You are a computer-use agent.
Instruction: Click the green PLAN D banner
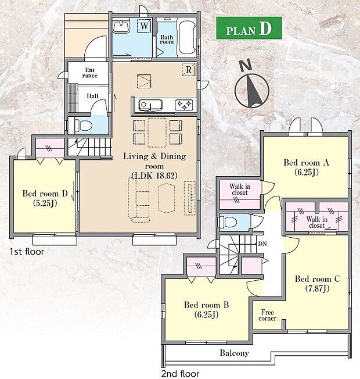249,28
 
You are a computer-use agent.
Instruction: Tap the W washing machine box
144,26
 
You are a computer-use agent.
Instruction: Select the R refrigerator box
189,70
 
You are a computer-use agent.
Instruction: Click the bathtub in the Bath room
187,37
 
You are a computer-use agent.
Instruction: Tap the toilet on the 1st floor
82,126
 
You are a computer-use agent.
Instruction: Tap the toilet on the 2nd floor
228,222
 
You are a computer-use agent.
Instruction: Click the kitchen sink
150,105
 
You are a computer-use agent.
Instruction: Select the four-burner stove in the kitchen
184,105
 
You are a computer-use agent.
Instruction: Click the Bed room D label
45,198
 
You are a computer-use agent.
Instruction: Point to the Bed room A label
307,167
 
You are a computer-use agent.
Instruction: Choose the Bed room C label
317,284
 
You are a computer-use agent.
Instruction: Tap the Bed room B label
207,309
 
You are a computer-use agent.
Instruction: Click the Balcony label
234,353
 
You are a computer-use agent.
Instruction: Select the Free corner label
267,315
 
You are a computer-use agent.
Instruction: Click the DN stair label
262,244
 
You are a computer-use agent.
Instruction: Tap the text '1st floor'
27,252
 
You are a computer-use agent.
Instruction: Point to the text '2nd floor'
180,374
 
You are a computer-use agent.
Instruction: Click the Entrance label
89,73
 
